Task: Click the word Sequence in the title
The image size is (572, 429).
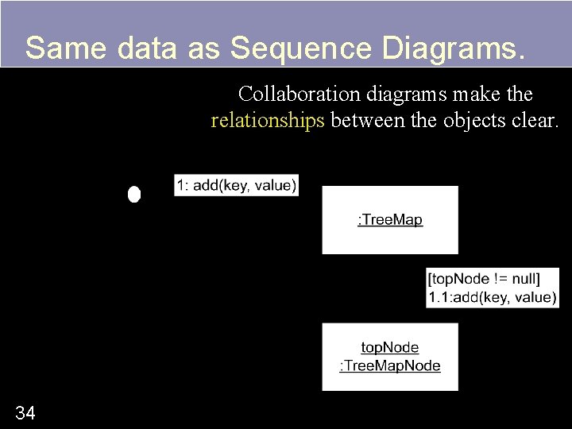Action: (x=302, y=48)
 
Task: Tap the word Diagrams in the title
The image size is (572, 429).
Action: (x=453, y=48)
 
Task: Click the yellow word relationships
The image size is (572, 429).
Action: (x=268, y=121)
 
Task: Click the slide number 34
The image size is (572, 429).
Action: (x=25, y=412)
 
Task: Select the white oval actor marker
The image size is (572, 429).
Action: (x=134, y=195)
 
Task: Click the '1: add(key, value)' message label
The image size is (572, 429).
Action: (x=237, y=185)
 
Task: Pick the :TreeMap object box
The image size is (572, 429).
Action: (x=390, y=220)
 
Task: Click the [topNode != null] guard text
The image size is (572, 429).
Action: (x=484, y=279)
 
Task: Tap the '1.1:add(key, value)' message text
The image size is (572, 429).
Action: (x=493, y=297)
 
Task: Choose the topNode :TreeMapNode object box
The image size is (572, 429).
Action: (x=390, y=357)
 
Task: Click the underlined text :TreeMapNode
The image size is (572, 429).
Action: (x=390, y=365)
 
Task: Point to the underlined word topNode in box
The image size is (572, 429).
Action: (x=390, y=347)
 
